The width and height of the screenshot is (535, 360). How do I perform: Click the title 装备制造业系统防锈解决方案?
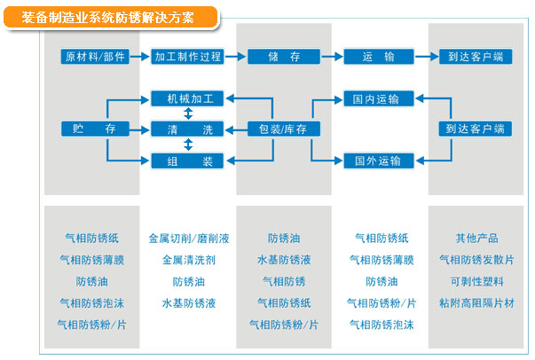[x=111, y=17]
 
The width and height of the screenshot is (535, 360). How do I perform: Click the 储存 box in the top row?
[x=283, y=56]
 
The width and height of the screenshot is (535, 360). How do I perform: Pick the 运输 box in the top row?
[x=379, y=56]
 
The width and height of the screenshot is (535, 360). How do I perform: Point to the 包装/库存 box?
[x=283, y=129]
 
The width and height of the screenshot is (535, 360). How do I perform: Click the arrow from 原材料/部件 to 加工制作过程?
[x=140, y=56]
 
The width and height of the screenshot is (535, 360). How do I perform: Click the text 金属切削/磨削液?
[x=189, y=239]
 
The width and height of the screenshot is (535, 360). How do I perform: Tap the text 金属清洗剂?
[x=189, y=261]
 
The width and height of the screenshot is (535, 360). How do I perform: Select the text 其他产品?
[x=476, y=239]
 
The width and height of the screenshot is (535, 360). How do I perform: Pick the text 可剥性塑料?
[x=476, y=282]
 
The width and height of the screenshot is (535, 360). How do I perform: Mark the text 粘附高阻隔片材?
[x=476, y=303]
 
